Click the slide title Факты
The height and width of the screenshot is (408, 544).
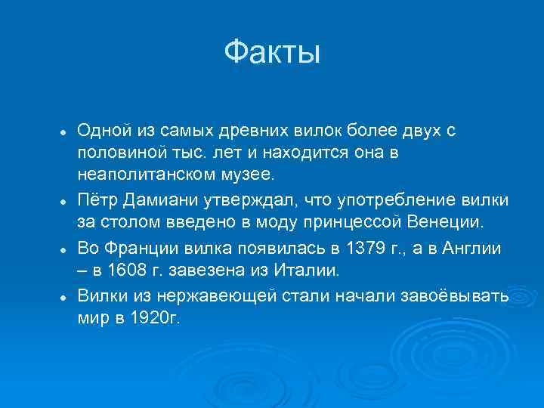pos(272,54)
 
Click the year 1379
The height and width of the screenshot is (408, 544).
pos(368,247)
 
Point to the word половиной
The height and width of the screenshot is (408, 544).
pos(115,153)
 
